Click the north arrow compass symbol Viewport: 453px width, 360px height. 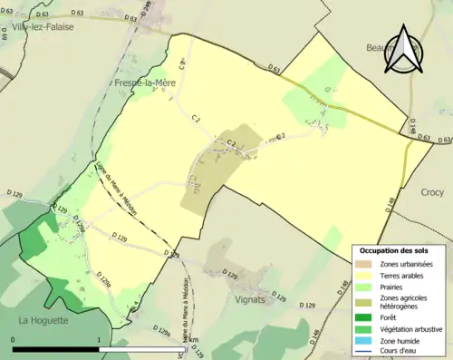coord(401,51)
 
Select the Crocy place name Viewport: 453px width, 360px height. coord(433,192)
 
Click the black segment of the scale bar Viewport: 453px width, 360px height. coord(55,346)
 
